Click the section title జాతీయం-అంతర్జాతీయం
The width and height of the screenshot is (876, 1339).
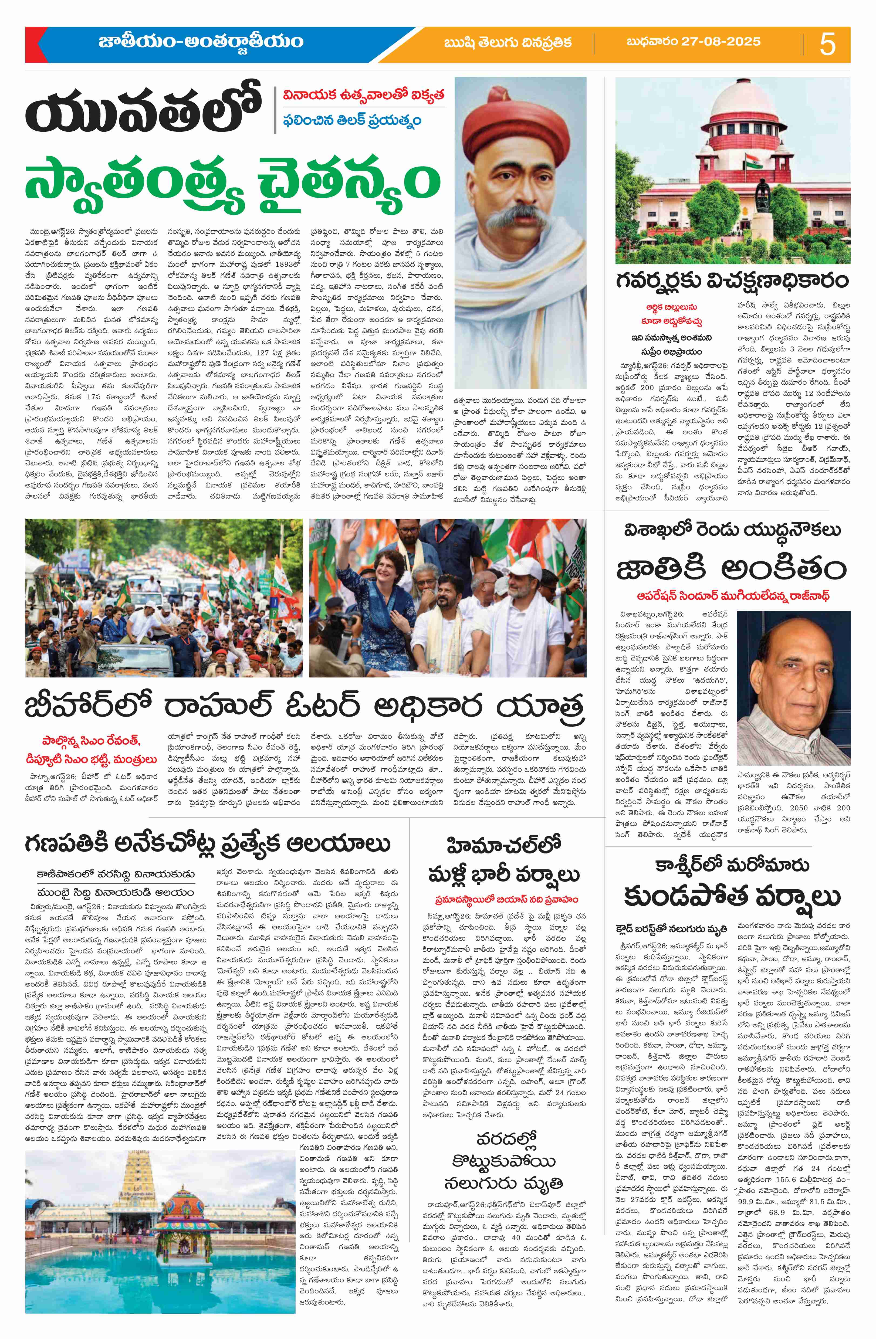click(200, 42)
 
